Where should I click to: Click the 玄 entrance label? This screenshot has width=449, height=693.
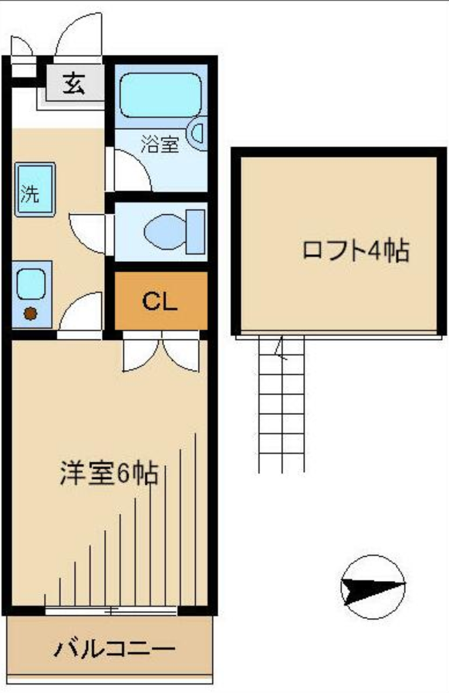tap(75, 82)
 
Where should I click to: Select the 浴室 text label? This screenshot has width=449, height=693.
tap(160, 144)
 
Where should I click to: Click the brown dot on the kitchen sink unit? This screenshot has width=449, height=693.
tap(30, 314)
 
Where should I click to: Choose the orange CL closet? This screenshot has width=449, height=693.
tap(161, 301)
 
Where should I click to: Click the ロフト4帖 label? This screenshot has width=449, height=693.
tap(354, 251)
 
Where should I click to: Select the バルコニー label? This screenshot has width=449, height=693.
tap(114, 647)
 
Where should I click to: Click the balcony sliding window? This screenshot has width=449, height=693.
tap(112, 611)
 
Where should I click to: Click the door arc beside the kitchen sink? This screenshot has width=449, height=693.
tap(82, 313)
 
